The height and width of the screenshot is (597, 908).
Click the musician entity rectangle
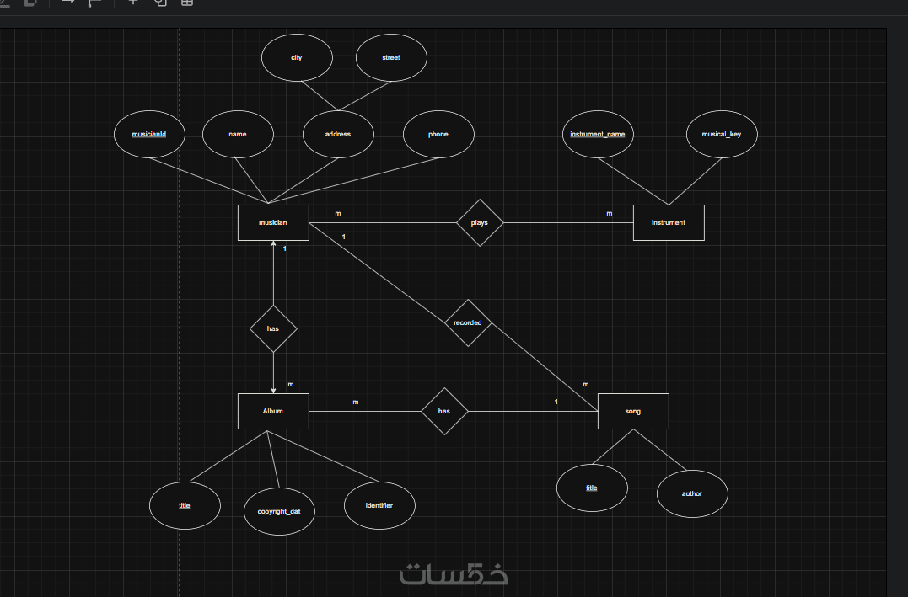(x=273, y=223)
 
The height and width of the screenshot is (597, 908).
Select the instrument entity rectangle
(x=669, y=223)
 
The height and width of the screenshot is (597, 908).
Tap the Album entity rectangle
(x=273, y=411)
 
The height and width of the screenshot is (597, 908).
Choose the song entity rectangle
(x=633, y=411)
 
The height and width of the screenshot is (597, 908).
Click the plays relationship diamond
(x=480, y=223)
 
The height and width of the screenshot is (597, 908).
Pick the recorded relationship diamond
(x=468, y=322)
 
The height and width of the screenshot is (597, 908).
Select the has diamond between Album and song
(x=444, y=411)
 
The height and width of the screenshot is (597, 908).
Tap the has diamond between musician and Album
(x=273, y=328)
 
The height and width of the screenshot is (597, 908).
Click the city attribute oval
(x=297, y=58)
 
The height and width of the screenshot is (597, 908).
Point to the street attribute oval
(x=391, y=58)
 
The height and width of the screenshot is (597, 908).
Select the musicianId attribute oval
(x=149, y=134)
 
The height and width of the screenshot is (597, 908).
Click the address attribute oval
(x=338, y=134)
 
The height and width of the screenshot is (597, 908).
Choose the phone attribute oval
(x=438, y=134)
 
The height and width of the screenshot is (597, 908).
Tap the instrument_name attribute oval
(x=598, y=134)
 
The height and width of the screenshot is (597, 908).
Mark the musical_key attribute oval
(x=722, y=134)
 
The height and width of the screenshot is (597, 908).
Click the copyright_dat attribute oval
(x=279, y=511)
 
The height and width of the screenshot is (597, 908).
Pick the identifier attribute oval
(x=379, y=505)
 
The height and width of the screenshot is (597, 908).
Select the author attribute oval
(x=692, y=493)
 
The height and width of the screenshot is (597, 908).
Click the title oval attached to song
(x=592, y=488)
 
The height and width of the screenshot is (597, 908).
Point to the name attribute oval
(x=238, y=134)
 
